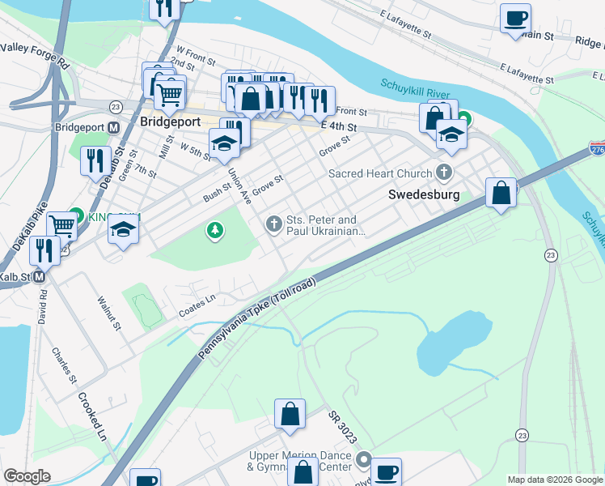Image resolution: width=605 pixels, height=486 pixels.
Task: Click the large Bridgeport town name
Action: tap(170, 122)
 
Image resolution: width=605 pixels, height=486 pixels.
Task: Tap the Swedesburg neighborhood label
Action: tap(424, 194)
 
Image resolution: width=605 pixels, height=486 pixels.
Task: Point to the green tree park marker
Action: tap(214, 232)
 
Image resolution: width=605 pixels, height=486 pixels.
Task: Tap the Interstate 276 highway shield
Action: tap(597, 149)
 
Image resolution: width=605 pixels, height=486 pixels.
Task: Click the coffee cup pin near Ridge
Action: tap(515, 18)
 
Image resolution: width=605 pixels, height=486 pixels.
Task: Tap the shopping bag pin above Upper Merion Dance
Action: tap(290, 414)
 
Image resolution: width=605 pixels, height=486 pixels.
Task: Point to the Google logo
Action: tap(27, 476)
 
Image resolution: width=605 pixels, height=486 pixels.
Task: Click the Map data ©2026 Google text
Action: tap(554, 480)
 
